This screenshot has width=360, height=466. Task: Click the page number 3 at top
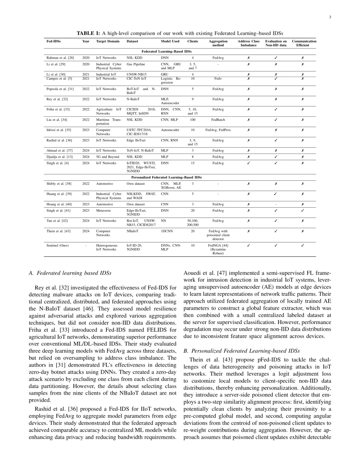pyautogui.click(x=330, y=17)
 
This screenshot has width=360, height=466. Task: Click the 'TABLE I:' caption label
pyautogui.click(x=88, y=33)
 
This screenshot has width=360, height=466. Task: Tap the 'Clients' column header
pyautogui.click(x=193, y=41)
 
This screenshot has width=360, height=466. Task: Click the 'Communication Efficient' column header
pyautogui.click(x=304, y=43)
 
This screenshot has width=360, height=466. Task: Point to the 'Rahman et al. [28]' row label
pyautogui.click(x=60, y=58)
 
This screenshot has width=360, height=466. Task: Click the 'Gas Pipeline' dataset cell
pyautogui.click(x=136, y=64)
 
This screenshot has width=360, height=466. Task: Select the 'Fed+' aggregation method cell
pyautogui.click(x=218, y=79)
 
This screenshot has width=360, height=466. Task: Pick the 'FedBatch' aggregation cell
pyautogui.click(x=218, y=120)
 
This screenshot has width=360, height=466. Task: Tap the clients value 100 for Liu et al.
pyautogui.click(x=193, y=120)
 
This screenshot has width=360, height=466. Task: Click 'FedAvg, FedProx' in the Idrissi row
pyautogui.click(x=218, y=130)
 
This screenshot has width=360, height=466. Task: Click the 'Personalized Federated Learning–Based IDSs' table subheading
pyautogui.click(x=166, y=177)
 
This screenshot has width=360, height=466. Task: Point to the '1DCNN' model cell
pyautogui.click(x=166, y=231)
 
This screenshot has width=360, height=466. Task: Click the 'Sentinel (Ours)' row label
pyautogui.click(x=57, y=245)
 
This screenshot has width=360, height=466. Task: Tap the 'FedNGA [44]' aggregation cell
pyautogui.click(x=218, y=245)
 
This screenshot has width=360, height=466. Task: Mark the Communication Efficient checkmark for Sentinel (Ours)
pyautogui.click(x=302, y=245)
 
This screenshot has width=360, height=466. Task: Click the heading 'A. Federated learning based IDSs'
pyautogui.click(x=70, y=273)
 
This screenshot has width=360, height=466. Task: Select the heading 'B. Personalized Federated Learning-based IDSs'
pyautogui.click(x=242, y=351)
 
